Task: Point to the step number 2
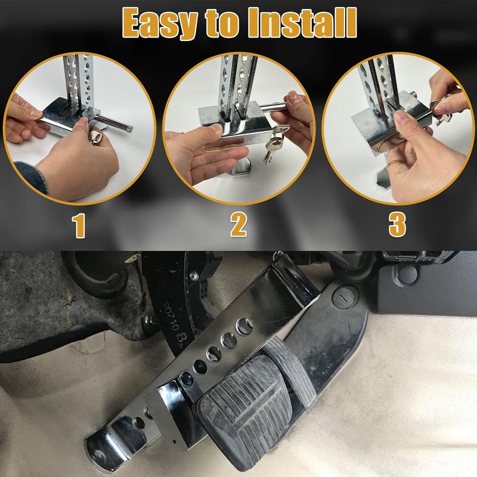(x=238, y=225)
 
